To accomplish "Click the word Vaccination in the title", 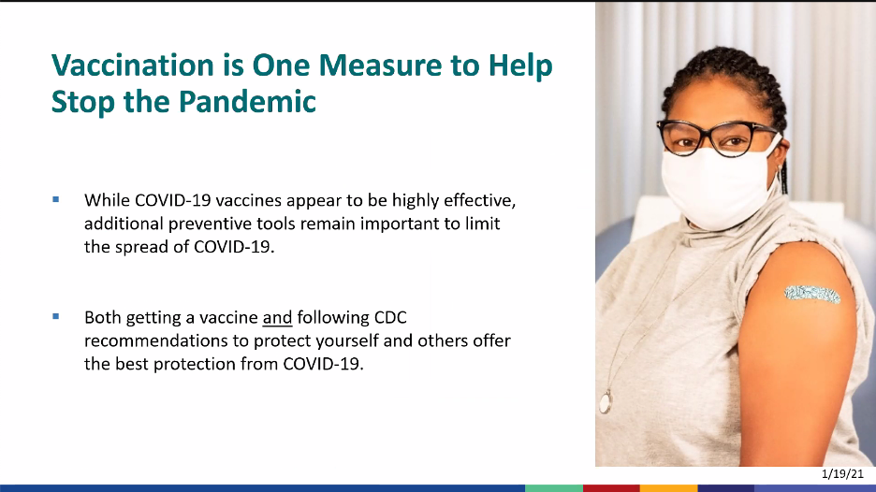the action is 132,65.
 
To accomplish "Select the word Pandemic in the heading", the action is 247,101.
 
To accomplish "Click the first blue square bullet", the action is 56,199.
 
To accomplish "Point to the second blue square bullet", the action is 56,317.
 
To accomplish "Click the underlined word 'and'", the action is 277,317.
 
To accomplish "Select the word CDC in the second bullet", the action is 390,317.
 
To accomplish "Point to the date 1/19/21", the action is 842,474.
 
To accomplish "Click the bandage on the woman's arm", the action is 812,294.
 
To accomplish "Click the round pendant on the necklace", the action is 606,401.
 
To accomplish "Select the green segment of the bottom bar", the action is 554,488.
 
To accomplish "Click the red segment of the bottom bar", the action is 611,488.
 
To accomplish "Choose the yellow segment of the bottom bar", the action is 669,488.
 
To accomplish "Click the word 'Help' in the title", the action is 520,65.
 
